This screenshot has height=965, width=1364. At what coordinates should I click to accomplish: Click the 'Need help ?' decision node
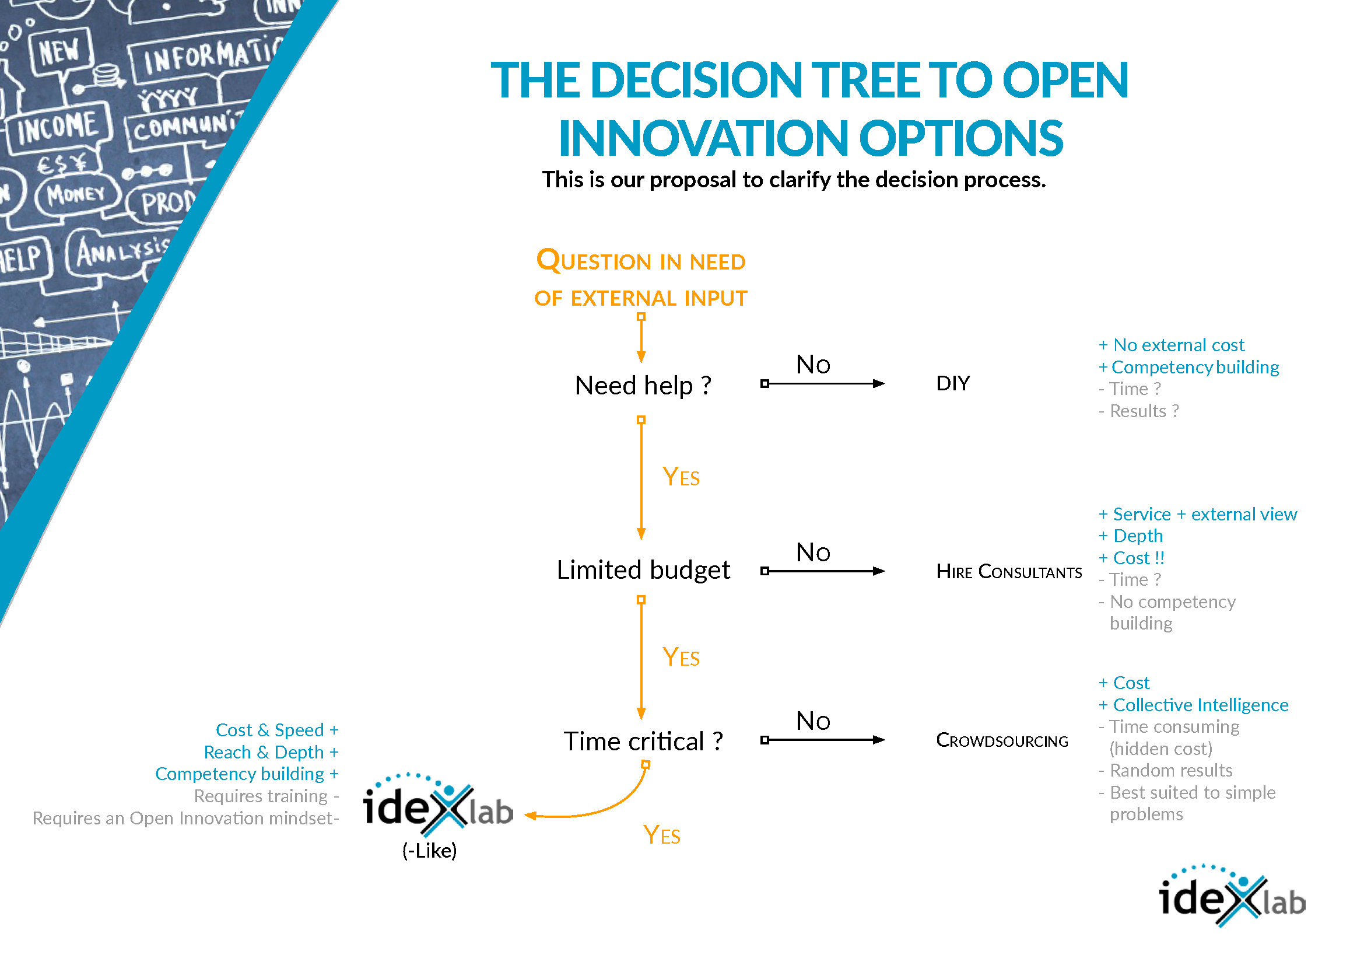tap(643, 386)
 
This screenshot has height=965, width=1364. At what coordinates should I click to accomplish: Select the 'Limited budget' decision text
tap(643, 570)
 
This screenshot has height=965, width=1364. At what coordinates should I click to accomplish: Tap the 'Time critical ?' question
tap(643, 742)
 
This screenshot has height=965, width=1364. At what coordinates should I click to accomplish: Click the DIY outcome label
tap(953, 383)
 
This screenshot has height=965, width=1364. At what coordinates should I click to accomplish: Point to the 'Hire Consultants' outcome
tap(1009, 572)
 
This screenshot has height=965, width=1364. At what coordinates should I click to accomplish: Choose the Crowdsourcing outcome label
tap(1002, 740)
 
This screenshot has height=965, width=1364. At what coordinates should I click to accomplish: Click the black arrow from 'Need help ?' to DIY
tap(823, 384)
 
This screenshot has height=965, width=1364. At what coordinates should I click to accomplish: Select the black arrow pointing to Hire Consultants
tap(823, 571)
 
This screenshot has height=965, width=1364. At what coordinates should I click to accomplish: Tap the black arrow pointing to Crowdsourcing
tap(823, 740)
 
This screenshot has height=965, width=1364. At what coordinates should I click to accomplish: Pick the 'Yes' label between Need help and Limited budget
tap(681, 477)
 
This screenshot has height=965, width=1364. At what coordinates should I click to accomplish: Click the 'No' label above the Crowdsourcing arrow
tap(814, 721)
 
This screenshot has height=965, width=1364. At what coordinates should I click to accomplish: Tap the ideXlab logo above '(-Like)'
tap(439, 805)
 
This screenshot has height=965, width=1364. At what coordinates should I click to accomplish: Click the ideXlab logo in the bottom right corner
tap(1233, 896)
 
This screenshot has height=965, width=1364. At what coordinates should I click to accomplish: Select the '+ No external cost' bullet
tap(1171, 345)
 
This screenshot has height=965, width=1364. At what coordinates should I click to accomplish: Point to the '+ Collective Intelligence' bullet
tap(1193, 705)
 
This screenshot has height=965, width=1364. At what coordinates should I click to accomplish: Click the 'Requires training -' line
tap(266, 796)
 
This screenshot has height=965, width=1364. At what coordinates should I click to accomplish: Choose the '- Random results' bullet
tap(1165, 771)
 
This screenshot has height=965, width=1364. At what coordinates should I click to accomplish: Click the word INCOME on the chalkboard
tap(57, 127)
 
